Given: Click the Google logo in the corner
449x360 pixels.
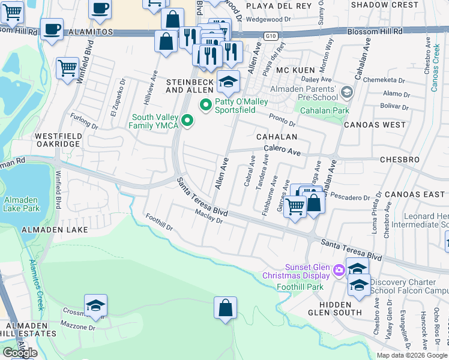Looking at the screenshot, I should [20, 353].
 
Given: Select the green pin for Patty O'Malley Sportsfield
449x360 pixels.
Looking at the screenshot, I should [206, 105].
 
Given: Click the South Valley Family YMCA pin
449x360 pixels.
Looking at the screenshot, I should [187, 122].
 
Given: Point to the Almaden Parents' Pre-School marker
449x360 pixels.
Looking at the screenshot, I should [346, 92].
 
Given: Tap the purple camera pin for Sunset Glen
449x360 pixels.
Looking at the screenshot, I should [339, 271].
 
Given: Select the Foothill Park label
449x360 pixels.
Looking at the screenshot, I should [300, 287].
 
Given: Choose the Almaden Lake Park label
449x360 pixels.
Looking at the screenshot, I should [21, 205].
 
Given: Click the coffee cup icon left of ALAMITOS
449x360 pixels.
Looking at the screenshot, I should [52, 29].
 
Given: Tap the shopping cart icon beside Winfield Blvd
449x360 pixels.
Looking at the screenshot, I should [68, 67].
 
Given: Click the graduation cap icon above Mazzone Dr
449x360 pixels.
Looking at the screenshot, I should [95, 305].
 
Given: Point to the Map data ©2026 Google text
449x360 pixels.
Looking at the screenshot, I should [412, 355].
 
